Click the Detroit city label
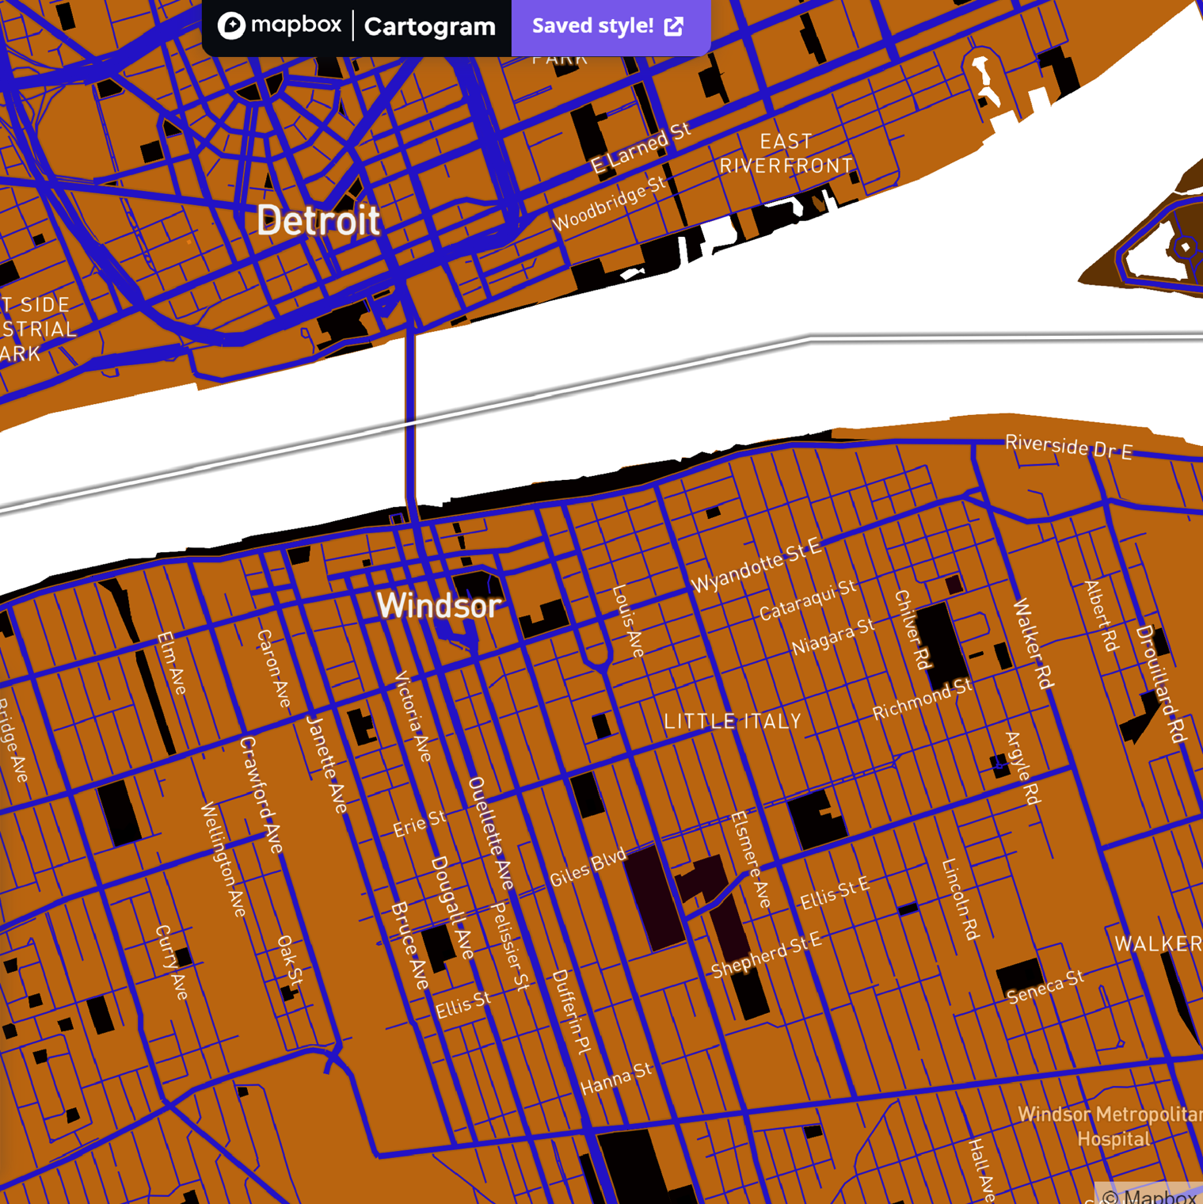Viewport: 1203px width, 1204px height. pos(318,220)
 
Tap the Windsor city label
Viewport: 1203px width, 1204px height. pos(439,606)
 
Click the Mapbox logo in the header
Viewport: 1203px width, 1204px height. pos(280,26)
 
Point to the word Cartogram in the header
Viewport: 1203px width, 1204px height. pos(429,27)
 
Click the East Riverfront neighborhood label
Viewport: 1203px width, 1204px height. pos(786,154)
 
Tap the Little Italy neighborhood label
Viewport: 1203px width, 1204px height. pos(733,722)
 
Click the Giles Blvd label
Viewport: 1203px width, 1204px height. pos(588,867)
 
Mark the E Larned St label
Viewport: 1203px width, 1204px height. pos(641,148)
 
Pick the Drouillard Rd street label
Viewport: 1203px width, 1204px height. pos(1161,684)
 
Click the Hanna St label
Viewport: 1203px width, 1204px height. pos(616,1079)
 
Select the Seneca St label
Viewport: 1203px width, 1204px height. pos(1045,987)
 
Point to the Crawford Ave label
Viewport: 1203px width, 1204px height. pos(261,794)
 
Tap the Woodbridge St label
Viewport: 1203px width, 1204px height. pos(609,204)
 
